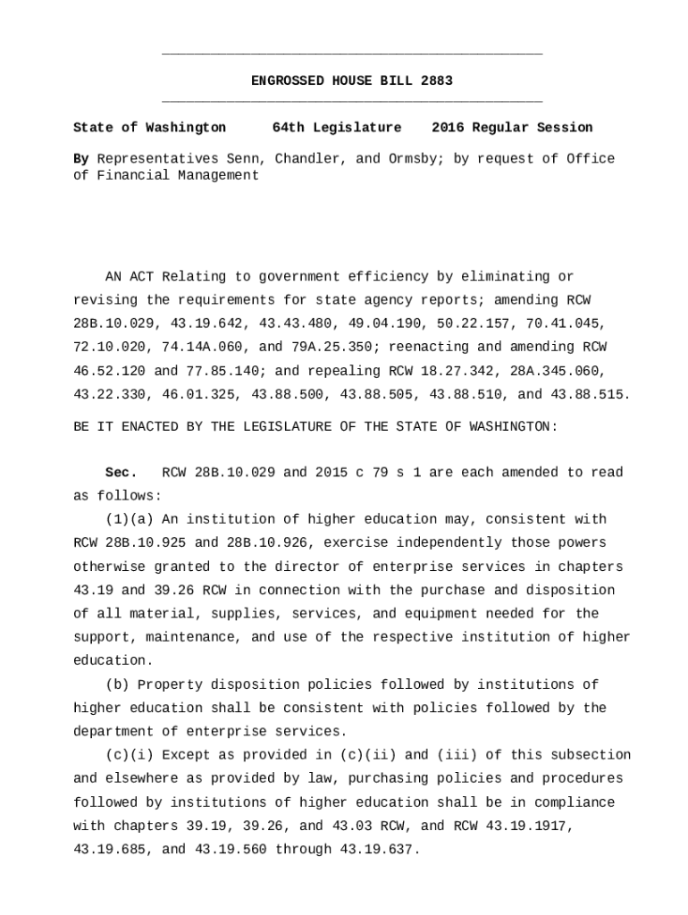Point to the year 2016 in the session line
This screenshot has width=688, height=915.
448,128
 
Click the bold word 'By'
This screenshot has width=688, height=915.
81,159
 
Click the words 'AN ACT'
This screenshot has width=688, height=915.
130,277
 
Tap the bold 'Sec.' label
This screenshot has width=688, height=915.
121,473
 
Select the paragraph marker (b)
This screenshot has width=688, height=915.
117,685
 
